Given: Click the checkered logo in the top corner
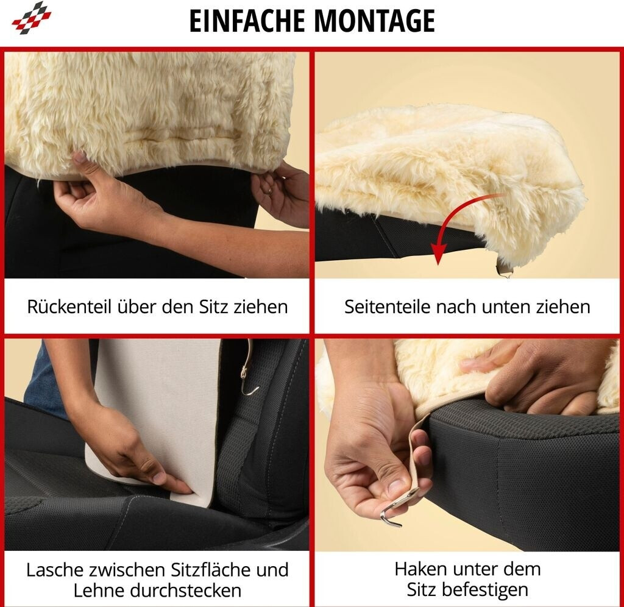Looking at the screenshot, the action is tap(32, 18).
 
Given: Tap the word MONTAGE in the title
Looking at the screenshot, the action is tap(375, 21).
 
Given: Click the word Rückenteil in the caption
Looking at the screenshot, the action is tap(69, 307).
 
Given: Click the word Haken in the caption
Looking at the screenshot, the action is tap(419, 569).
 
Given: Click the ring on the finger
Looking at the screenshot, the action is tap(271, 190).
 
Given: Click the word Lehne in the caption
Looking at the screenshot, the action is tap(99, 591).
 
